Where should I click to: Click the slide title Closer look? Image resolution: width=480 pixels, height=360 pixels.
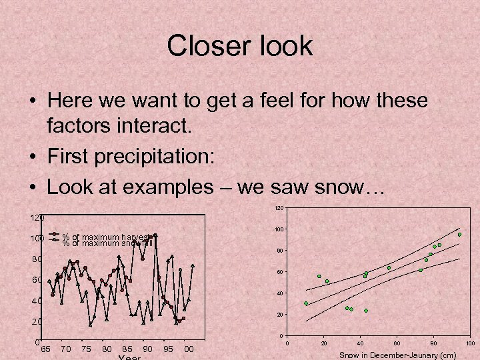pyautogui.click(x=239, y=46)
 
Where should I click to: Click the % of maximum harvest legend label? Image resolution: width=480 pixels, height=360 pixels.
pyautogui.click(x=107, y=237)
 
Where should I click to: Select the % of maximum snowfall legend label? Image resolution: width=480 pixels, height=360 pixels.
pyautogui.click(x=107, y=243)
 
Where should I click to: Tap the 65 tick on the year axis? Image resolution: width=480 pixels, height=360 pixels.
pyautogui.click(x=46, y=349)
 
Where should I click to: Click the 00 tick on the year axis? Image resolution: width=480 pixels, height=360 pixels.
pyautogui.click(x=189, y=349)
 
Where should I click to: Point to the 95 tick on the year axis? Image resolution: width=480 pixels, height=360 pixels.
pyautogui.click(x=169, y=349)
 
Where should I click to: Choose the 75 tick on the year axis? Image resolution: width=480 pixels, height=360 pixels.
pyautogui.click(x=87, y=349)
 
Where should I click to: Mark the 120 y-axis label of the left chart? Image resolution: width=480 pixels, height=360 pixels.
pyautogui.click(x=37, y=218)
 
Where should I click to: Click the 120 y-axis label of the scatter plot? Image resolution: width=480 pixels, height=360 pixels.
pyautogui.click(x=280, y=209)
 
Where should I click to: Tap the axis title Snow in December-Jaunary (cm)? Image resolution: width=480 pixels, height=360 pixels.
pyautogui.click(x=397, y=355)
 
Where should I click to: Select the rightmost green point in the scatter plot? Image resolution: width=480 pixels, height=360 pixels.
pyautogui.click(x=459, y=235)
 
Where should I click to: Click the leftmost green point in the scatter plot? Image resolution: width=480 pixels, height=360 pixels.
pyautogui.click(x=306, y=304)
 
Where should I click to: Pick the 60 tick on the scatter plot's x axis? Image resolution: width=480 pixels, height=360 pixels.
pyautogui.click(x=397, y=343)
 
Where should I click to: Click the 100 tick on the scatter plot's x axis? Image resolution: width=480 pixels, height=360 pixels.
pyautogui.click(x=470, y=343)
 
